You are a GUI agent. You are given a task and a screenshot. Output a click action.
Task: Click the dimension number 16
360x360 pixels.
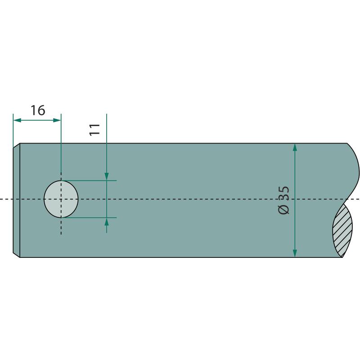[x=38, y=110]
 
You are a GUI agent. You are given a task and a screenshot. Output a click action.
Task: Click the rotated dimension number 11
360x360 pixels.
[x=94, y=130]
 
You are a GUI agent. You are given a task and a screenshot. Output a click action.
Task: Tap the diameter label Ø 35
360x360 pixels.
[x=284, y=200]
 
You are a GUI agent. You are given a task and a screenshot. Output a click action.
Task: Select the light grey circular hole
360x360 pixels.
[x=61, y=199]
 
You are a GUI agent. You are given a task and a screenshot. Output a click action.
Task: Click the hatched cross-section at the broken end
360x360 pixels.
[x=342, y=230]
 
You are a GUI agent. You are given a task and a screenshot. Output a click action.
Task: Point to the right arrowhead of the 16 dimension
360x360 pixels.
[x=57, y=120]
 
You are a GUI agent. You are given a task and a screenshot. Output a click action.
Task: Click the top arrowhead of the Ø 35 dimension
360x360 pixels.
[x=295, y=147]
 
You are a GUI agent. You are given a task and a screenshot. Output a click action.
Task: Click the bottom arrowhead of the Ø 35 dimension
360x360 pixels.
[x=295, y=253]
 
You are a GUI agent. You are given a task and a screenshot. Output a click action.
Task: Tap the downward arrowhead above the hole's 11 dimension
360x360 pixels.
[x=107, y=176]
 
